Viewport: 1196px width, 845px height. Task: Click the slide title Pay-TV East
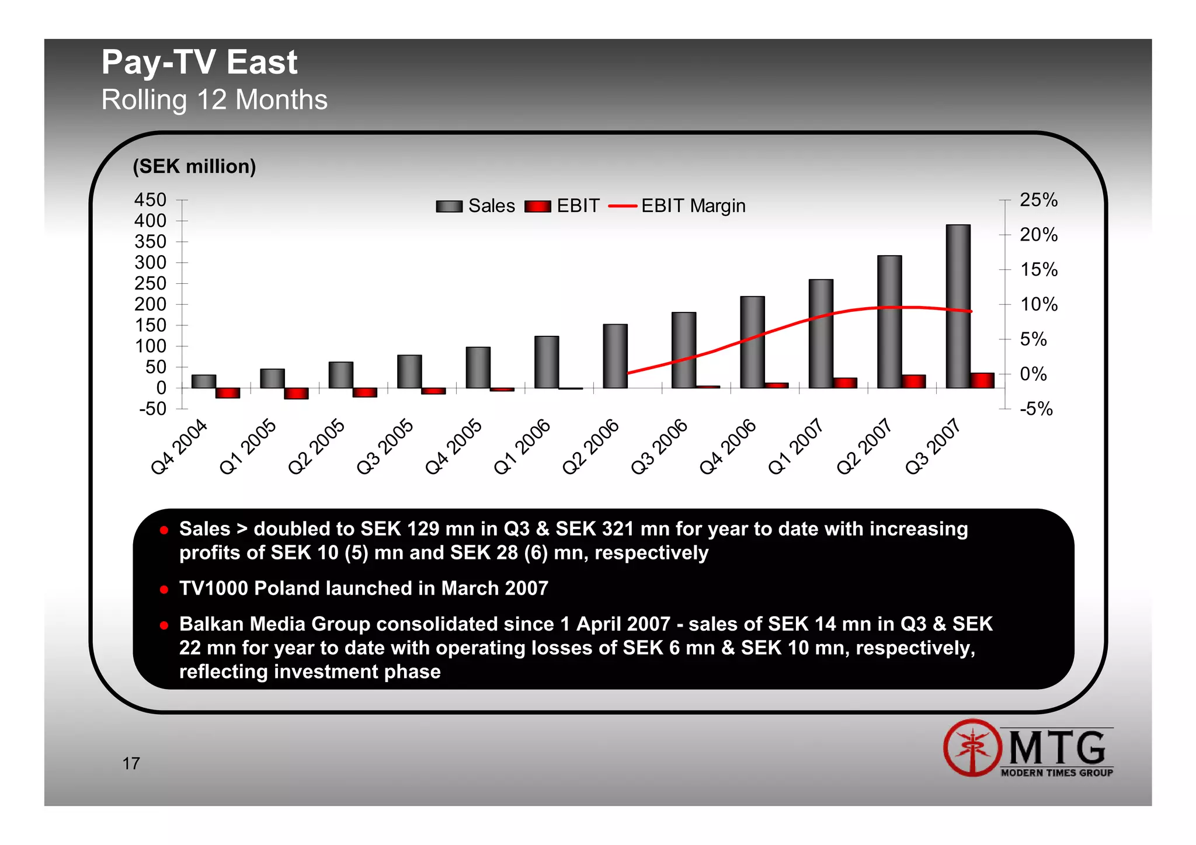point(199,62)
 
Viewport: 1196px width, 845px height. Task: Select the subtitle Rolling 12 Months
point(214,100)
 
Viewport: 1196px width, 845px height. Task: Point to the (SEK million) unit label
point(194,167)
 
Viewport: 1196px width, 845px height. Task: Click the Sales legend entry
point(475,206)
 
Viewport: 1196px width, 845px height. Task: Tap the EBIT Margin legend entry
point(677,206)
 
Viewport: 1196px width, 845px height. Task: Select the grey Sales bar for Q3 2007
point(958,306)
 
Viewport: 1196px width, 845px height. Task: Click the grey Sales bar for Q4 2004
point(203,381)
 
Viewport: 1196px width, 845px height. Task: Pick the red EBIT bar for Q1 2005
point(296,393)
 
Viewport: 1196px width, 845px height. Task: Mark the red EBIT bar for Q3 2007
point(982,380)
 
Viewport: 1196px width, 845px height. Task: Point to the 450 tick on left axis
point(151,200)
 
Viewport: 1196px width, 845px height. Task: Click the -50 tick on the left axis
point(153,409)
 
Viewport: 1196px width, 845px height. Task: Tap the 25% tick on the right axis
point(1038,200)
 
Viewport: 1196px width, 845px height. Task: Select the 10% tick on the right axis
point(1038,304)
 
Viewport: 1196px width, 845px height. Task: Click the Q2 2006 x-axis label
point(590,447)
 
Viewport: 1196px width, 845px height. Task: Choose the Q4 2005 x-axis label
point(454,447)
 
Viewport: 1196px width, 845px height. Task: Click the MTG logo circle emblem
point(972,747)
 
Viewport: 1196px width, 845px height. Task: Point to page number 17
point(131,763)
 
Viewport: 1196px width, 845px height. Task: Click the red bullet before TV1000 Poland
point(164,589)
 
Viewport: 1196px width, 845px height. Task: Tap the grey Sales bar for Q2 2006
point(615,356)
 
